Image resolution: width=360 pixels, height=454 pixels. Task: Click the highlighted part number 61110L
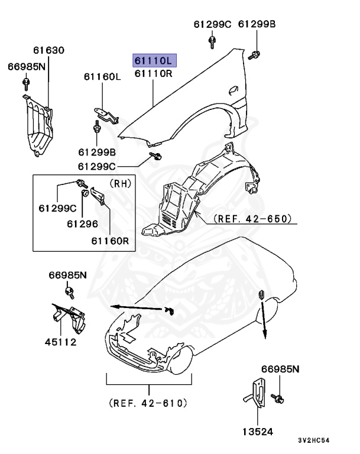154,60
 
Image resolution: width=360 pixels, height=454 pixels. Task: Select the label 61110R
154,74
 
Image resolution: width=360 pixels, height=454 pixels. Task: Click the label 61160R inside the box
110,241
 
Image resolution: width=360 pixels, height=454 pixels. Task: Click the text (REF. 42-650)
252,219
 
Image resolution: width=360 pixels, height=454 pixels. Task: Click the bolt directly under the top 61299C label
212,41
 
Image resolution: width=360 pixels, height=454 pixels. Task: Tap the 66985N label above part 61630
26,66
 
